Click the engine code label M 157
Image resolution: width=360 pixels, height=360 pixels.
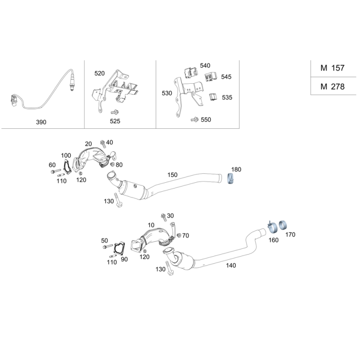click(332, 68)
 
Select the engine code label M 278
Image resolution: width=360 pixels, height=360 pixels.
click(332, 86)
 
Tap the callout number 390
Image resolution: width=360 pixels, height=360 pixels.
click(41, 122)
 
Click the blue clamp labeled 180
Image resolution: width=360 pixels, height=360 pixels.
click(230, 179)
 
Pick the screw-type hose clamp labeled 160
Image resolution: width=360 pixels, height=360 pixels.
click(272, 226)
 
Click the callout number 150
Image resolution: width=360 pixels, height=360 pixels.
click(172, 175)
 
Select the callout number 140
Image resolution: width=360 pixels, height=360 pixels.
click(231, 265)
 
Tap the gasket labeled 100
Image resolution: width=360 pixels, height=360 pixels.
click(67, 166)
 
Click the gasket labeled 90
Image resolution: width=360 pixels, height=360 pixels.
click(120, 248)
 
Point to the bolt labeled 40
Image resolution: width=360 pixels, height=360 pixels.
click(103, 144)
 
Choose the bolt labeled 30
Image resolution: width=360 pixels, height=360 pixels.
click(164, 217)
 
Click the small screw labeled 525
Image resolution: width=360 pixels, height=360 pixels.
click(115, 112)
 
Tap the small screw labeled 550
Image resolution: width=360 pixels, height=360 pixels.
click(195, 120)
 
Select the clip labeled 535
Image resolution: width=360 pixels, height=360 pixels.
click(213, 97)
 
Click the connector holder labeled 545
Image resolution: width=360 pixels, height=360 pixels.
click(211, 76)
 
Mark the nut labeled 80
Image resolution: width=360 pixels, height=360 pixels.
click(112, 165)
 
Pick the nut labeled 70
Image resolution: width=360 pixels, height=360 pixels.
click(179, 235)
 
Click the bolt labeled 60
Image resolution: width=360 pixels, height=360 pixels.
click(55, 171)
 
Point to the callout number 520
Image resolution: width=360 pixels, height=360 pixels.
click(99, 73)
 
